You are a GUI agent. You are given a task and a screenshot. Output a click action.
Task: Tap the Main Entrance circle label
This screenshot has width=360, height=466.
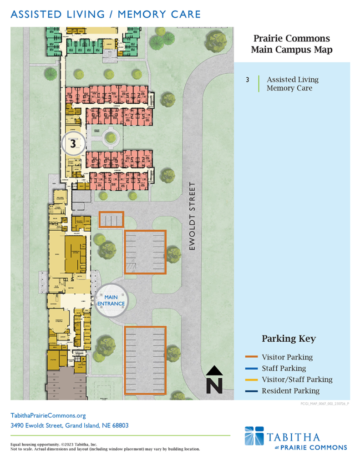click(111, 300)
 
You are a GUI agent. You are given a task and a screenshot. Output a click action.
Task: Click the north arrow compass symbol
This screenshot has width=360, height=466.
click(214, 380)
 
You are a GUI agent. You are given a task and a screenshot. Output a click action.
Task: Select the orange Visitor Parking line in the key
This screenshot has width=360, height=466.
click(251, 357)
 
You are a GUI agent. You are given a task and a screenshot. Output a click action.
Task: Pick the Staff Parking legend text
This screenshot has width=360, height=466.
click(284, 368)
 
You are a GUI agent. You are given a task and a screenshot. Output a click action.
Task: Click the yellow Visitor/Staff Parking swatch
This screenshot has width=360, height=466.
click(251, 380)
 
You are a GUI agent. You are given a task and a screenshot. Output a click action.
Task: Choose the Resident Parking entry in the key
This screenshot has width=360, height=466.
click(290, 390)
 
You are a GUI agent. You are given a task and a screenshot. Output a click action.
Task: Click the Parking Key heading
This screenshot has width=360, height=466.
click(289, 339)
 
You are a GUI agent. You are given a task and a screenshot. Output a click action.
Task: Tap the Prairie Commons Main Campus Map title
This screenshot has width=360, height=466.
click(291, 44)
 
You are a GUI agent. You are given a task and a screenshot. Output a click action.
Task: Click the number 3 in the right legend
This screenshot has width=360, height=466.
click(248, 80)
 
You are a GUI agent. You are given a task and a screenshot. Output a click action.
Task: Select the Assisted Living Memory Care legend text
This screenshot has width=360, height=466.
click(292, 84)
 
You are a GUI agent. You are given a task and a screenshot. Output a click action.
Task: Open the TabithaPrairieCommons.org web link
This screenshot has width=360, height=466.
click(48, 415)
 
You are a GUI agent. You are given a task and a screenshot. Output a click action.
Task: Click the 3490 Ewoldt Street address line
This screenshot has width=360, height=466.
click(69, 426)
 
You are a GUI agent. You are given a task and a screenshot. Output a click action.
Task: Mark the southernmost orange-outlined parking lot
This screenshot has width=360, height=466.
click(145, 360)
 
